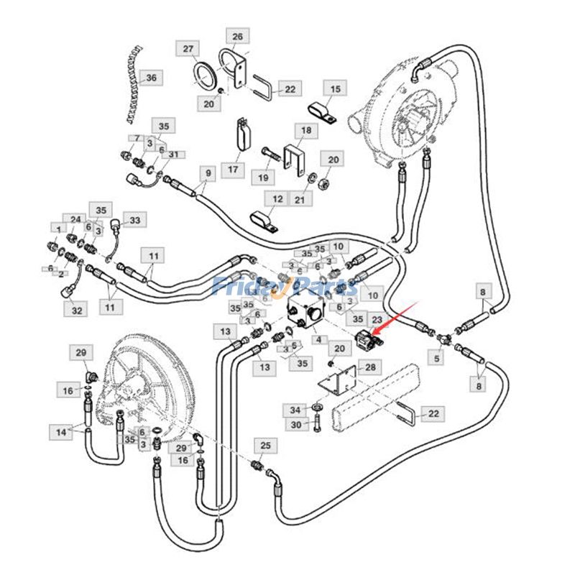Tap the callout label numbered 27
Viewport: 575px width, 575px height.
pos(188,49)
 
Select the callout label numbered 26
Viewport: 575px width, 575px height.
pos(238,36)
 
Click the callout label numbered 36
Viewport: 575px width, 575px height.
pos(150,78)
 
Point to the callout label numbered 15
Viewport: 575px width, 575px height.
pos(335,89)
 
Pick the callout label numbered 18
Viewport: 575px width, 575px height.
pos(307,131)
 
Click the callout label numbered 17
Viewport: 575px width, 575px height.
pos(232,170)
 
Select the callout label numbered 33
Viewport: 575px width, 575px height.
pos(134,219)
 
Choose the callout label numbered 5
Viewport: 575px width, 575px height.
pos(436,356)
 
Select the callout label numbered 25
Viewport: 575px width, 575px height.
pos(264,447)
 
